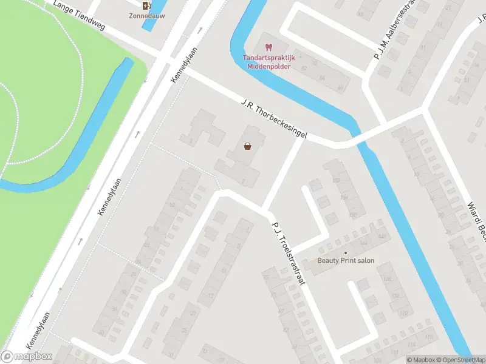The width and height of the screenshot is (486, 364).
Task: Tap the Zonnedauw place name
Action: pyautogui.click(x=147, y=16)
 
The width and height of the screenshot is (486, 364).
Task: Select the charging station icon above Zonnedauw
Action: pyautogui.click(x=146, y=6)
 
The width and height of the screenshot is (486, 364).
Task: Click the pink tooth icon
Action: pyautogui.click(x=268, y=46)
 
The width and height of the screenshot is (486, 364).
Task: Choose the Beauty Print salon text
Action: pyautogui.click(x=346, y=261)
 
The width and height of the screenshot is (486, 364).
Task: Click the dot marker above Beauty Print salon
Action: pyautogui.click(x=346, y=252)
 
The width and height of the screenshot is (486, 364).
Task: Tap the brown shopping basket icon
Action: pyautogui.click(x=248, y=146)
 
